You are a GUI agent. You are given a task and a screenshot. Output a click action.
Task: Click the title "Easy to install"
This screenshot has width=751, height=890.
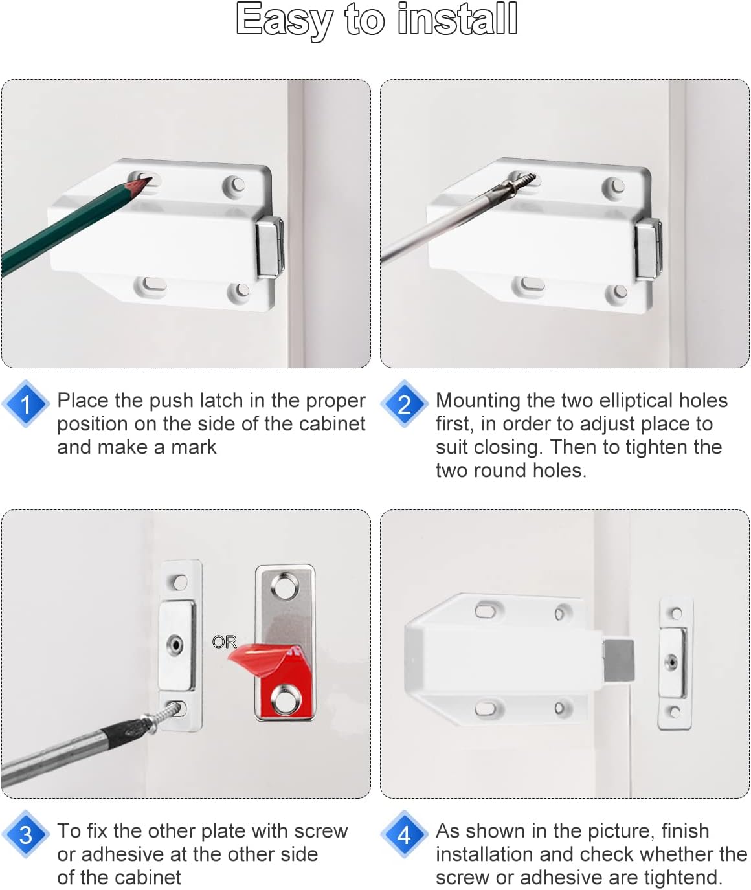[377, 20]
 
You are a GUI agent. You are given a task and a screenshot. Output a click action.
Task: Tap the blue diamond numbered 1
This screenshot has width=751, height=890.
[26, 403]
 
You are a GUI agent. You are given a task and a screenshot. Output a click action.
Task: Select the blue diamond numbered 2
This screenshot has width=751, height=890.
[404, 403]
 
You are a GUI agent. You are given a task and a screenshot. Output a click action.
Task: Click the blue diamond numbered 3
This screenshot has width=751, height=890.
[26, 834]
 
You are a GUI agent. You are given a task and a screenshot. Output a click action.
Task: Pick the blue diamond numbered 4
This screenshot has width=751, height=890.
[404, 834]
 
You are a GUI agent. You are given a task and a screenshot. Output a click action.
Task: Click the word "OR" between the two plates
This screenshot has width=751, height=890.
[224, 642]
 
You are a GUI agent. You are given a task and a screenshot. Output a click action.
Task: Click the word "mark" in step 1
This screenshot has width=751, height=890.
[194, 447]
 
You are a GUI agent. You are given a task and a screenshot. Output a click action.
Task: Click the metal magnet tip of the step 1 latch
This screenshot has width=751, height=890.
[271, 247]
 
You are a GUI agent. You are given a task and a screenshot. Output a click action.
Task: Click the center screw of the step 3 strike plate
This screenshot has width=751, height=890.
[175, 645]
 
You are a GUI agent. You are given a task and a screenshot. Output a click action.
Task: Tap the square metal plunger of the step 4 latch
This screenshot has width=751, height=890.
[618, 660]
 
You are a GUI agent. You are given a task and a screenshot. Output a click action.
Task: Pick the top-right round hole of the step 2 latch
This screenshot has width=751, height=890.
[615, 186]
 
